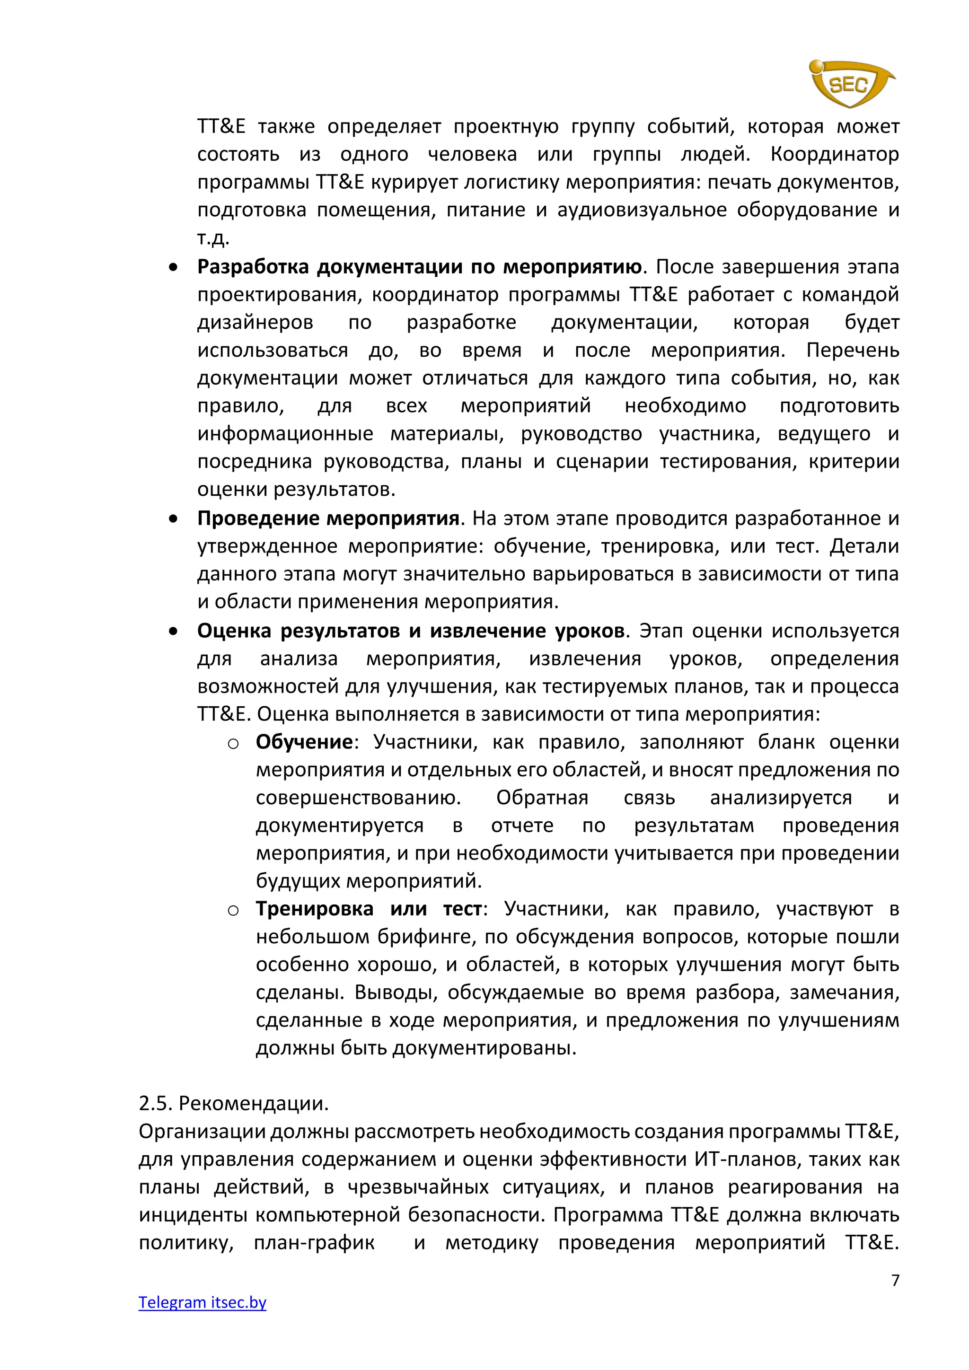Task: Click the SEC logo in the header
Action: click(x=850, y=84)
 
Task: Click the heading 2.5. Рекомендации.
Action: click(x=234, y=1103)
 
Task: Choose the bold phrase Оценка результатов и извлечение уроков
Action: click(x=411, y=630)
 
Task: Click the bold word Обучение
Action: click(x=304, y=742)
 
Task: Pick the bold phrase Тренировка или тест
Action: click(x=368, y=908)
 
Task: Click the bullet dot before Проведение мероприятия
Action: click(x=173, y=519)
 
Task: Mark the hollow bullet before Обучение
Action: click(x=233, y=744)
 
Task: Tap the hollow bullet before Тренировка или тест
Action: click(x=233, y=910)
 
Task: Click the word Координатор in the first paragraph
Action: click(x=834, y=154)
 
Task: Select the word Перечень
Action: click(x=852, y=350)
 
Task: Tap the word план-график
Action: click(x=315, y=1242)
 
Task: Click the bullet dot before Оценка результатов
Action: click(x=173, y=631)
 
